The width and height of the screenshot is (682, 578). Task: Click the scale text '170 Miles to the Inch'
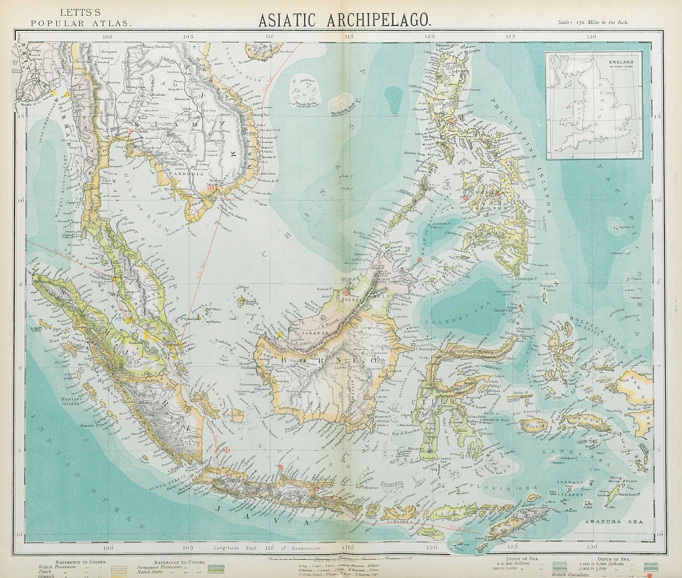pos(592,23)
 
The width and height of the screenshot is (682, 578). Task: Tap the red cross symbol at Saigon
pos(210,188)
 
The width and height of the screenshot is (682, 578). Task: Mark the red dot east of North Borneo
pos(419,260)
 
